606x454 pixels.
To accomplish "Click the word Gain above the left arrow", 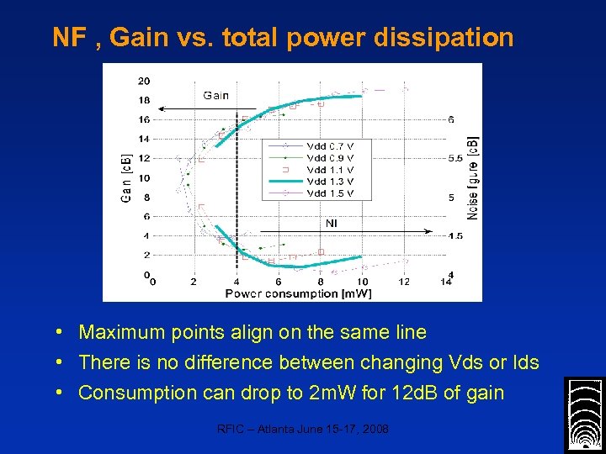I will [215, 95].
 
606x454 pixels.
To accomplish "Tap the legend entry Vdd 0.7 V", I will [330, 145].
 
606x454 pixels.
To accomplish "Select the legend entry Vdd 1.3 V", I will [330, 181].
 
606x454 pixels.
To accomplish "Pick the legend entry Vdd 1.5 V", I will [330, 193].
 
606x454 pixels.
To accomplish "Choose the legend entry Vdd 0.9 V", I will [330, 157].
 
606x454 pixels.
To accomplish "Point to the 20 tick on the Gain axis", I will [144, 81].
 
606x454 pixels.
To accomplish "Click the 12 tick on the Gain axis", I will [144, 158].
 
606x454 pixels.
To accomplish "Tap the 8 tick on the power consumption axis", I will [321, 282].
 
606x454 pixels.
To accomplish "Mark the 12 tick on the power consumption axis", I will [404, 282].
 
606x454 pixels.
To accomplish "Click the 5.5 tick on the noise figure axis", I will [454, 158].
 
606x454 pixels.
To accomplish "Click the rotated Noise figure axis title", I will [473, 178].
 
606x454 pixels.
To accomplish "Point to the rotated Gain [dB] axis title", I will [125, 177].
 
